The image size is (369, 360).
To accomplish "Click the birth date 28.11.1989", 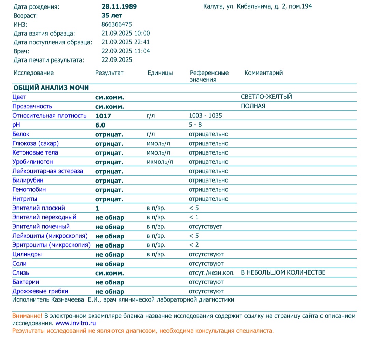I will (x=119, y=6).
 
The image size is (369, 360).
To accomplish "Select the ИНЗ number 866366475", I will (x=117, y=24).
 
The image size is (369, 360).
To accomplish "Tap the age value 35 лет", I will (x=112, y=15).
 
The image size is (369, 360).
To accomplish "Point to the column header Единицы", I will (x=160, y=73).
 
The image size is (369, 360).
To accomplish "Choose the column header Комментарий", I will (x=263, y=73).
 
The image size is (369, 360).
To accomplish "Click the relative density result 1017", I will (x=103, y=116).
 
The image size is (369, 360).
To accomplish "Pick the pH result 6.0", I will (x=100, y=125).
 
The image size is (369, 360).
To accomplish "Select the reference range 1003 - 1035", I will (x=205, y=116).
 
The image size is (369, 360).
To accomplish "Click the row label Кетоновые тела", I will (x=35, y=152).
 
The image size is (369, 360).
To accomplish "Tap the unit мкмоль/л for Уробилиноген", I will (x=160, y=162).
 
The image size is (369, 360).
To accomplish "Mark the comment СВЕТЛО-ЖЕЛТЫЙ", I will (x=266, y=97).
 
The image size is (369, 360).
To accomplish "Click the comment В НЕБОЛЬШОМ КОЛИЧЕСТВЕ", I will (x=283, y=272).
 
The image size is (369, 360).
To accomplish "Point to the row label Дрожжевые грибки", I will (x=40, y=291).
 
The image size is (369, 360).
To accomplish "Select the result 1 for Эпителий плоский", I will (x=97, y=208).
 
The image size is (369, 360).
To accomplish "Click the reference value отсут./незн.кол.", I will (x=211, y=272).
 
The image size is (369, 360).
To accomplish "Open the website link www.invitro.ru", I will (x=76, y=323).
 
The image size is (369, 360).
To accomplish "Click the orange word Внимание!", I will (x=27, y=316).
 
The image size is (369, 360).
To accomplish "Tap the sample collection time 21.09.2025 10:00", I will (x=125, y=33).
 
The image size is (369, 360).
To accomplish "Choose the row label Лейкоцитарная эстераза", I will (x=47, y=171).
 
